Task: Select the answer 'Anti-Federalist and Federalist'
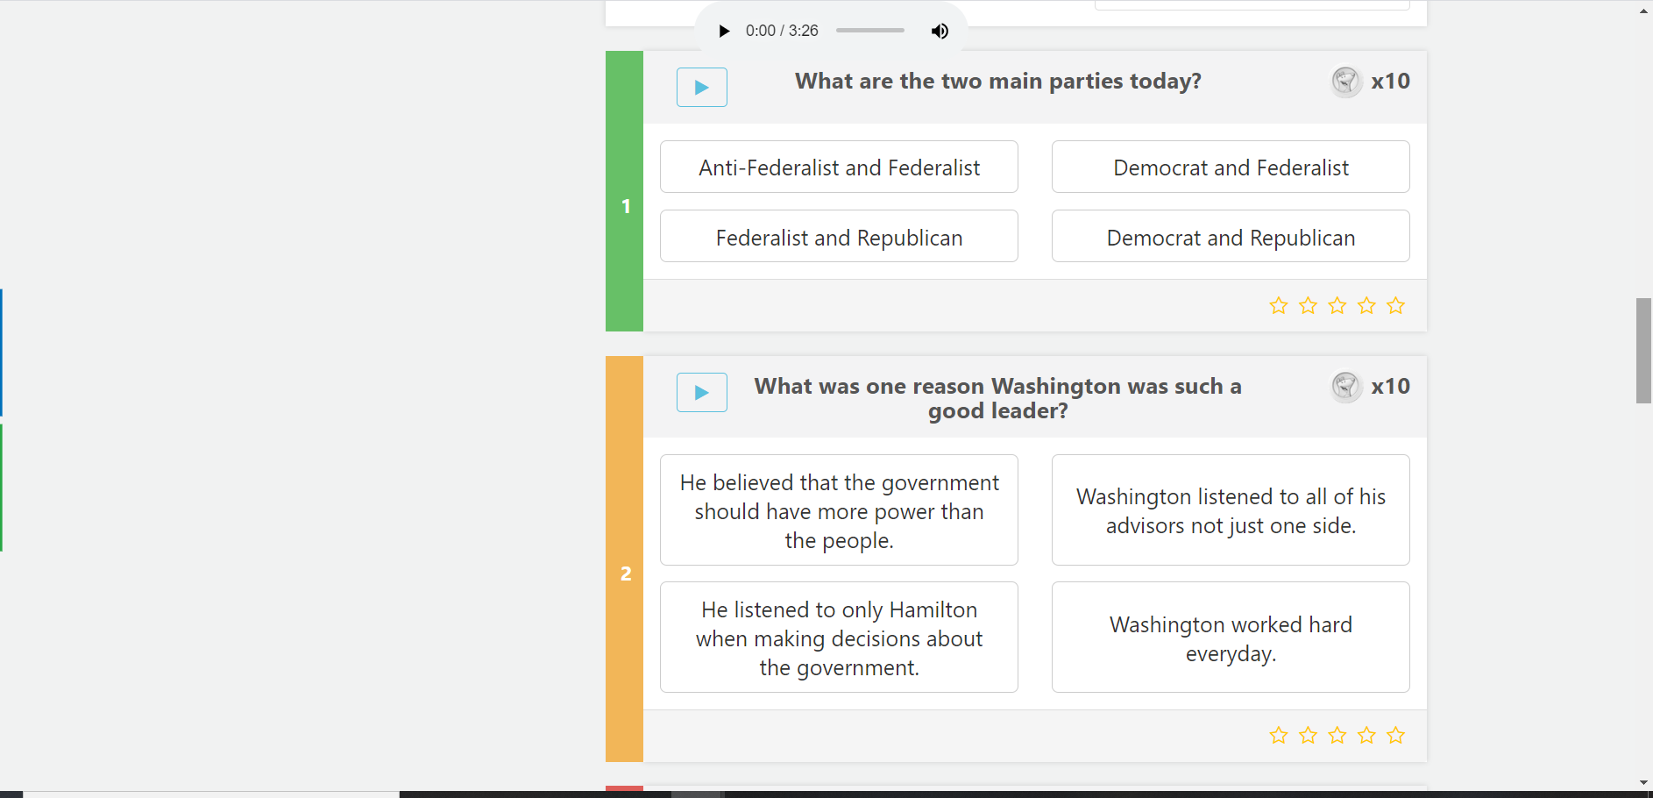tap(839, 167)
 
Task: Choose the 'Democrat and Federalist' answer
tap(1231, 167)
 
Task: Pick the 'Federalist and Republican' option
tap(839, 236)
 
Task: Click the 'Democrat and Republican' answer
tap(1231, 236)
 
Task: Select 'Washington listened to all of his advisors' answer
tap(1231, 509)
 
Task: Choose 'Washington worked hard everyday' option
tap(1231, 638)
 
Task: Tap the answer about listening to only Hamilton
tap(839, 638)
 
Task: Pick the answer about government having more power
tap(839, 509)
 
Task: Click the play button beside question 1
tap(702, 87)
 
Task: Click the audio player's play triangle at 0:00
tap(724, 31)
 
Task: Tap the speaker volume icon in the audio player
tap(940, 31)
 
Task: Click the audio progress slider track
tap(870, 30)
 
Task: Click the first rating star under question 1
tap(1279, 305)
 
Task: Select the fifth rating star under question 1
tap(1396, 305)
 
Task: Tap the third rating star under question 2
tap(1337, 735)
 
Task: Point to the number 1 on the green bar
tap(626, 206)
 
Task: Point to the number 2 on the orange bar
tap(626, 574)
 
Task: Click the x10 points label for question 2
tap(1391, 386)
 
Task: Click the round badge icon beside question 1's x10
tap(1346, 82)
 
